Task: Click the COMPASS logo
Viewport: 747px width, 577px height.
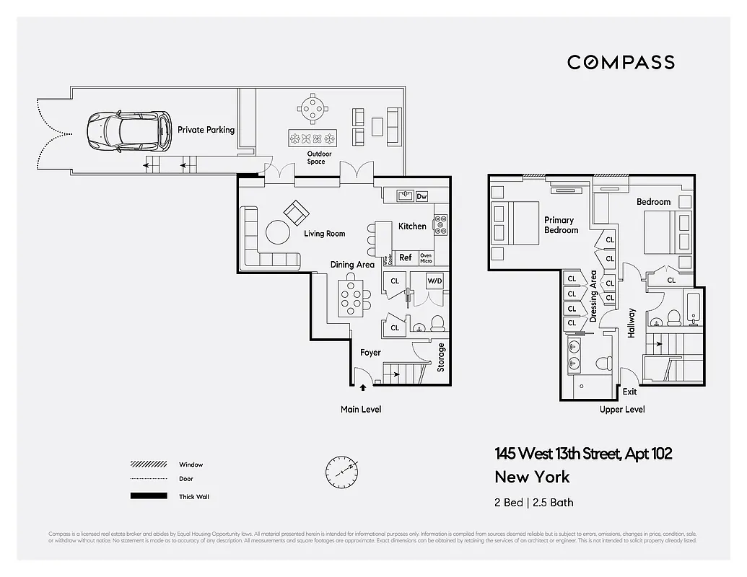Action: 621,62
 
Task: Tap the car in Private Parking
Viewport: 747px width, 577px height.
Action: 128,130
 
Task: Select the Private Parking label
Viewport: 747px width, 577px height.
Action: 206,130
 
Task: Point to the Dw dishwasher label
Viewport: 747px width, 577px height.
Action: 421,196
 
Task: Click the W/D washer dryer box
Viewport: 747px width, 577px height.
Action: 434,281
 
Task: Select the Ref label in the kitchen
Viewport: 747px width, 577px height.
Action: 406,257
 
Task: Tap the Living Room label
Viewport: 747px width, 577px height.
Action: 324,234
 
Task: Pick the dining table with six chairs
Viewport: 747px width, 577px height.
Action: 353,299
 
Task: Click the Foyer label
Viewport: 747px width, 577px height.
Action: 370,353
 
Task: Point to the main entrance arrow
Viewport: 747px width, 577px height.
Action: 362,388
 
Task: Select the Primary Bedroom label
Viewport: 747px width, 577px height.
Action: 560,225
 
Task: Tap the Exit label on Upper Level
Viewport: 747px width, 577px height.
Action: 630,392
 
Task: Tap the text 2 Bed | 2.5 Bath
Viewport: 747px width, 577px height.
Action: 534,502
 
